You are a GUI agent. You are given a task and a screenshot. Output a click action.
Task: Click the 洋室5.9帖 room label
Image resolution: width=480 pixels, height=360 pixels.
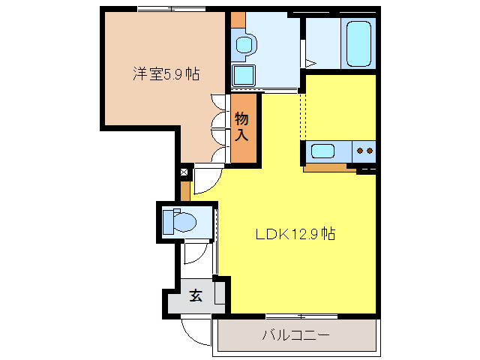[x=166, y=73]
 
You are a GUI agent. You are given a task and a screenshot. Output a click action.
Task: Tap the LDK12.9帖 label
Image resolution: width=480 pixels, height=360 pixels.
[x=295, y=234]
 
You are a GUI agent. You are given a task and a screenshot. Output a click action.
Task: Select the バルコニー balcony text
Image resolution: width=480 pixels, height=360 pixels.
[x=296, y=335]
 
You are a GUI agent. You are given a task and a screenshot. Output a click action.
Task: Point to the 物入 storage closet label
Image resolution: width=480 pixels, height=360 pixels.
[x=241, y=127]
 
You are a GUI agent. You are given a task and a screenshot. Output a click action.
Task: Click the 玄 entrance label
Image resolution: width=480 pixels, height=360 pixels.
[x=196, y=295]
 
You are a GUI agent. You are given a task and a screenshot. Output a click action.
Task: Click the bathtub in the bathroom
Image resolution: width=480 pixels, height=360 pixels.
[x=358, y=43]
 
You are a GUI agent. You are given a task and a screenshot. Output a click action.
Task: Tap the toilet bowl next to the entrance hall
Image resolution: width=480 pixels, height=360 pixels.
[x=185, y=222]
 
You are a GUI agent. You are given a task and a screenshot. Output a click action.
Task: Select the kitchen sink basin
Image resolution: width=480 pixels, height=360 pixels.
[x=322, y=151]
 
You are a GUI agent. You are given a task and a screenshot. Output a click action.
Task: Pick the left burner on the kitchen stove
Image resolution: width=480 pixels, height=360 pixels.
[x=360, y=151]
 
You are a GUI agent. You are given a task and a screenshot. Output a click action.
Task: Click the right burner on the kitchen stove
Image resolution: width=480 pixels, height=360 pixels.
[x=370, y=151]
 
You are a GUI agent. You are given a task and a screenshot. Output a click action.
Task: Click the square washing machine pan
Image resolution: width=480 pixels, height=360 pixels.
[x=243, y=75]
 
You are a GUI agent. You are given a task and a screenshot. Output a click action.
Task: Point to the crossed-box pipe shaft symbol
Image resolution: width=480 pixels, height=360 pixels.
[x=184, y=172]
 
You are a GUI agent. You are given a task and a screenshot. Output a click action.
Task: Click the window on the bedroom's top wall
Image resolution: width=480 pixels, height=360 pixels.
[x=172, y=9]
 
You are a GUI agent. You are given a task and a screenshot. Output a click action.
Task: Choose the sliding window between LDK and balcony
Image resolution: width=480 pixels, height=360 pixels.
[x=301, y=316]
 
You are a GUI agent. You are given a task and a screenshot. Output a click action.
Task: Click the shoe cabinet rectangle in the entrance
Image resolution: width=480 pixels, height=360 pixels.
[x=220, y=292]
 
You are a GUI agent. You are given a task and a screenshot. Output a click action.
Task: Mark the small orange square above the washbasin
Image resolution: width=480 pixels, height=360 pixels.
[x=238, y=20]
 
